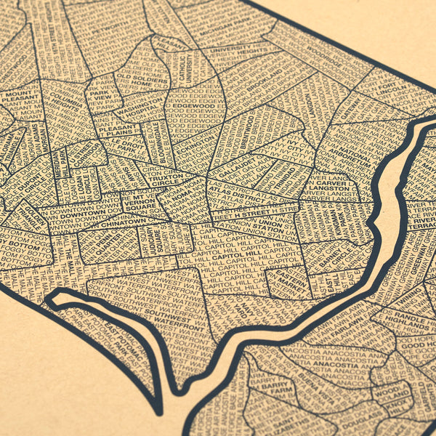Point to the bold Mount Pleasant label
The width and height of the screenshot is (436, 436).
[15, 97]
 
